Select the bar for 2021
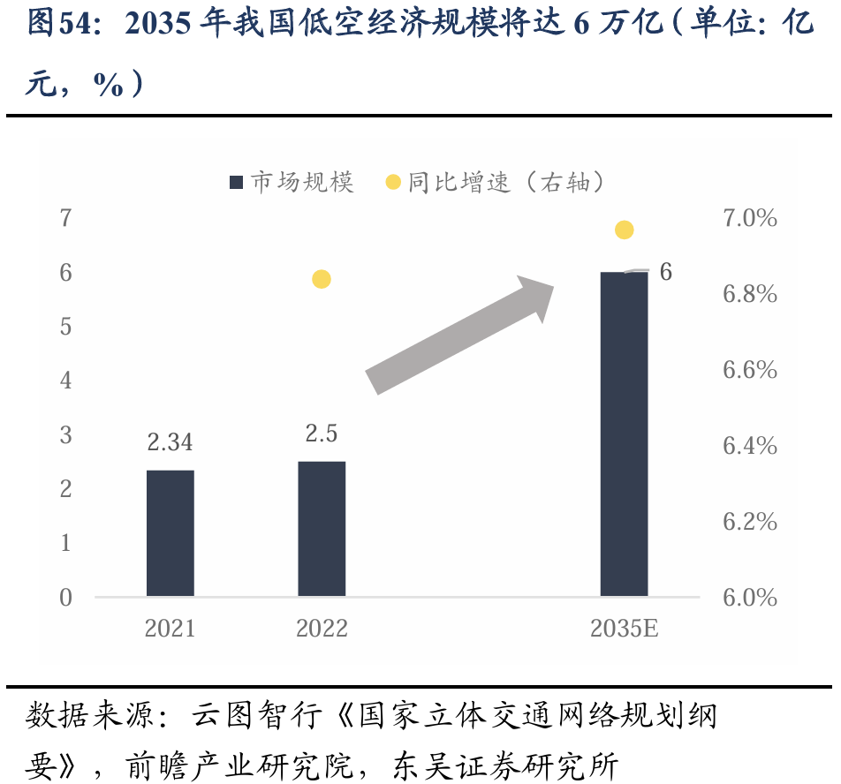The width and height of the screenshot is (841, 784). [x=170, y=533]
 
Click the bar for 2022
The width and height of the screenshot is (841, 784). [x=322, y=529]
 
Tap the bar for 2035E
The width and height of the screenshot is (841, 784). [x=624, y=434]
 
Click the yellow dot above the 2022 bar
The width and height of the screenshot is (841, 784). [x=322, y=279]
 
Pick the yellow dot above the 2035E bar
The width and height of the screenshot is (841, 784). [x=624, y=230]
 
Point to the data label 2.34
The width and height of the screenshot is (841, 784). [x=170, y=441]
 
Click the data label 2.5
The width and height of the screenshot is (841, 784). [x=322, y=433]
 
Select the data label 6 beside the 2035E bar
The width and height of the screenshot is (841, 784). [x=665, y=272]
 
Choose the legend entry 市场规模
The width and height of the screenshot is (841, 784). [x=292, y=183]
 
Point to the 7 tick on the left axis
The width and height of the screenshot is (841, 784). [x=65, y=218]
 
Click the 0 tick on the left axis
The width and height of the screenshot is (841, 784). [x=65, y=598]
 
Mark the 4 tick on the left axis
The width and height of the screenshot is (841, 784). [x=65, y=381]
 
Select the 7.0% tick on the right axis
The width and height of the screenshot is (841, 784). [x=749, y=218]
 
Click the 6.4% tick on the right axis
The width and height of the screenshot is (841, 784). [x=749, y=446]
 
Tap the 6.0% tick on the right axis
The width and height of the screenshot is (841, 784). [x=749, y=598]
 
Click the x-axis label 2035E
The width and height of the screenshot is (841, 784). [x=624, y=629]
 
